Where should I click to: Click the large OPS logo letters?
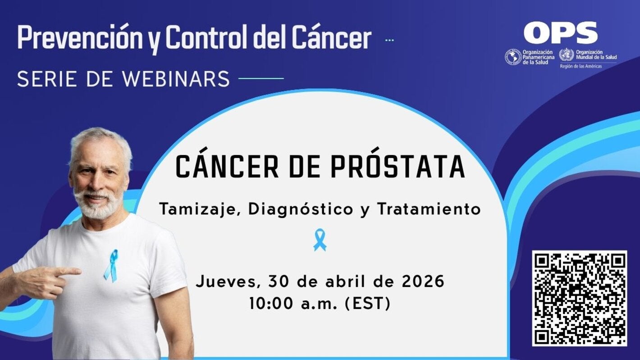[560, 33]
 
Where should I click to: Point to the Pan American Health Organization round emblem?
[513, 57]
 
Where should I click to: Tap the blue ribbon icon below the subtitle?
[320, 240]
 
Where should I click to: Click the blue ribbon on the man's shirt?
[110, 266]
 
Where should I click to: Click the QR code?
[579, 298]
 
